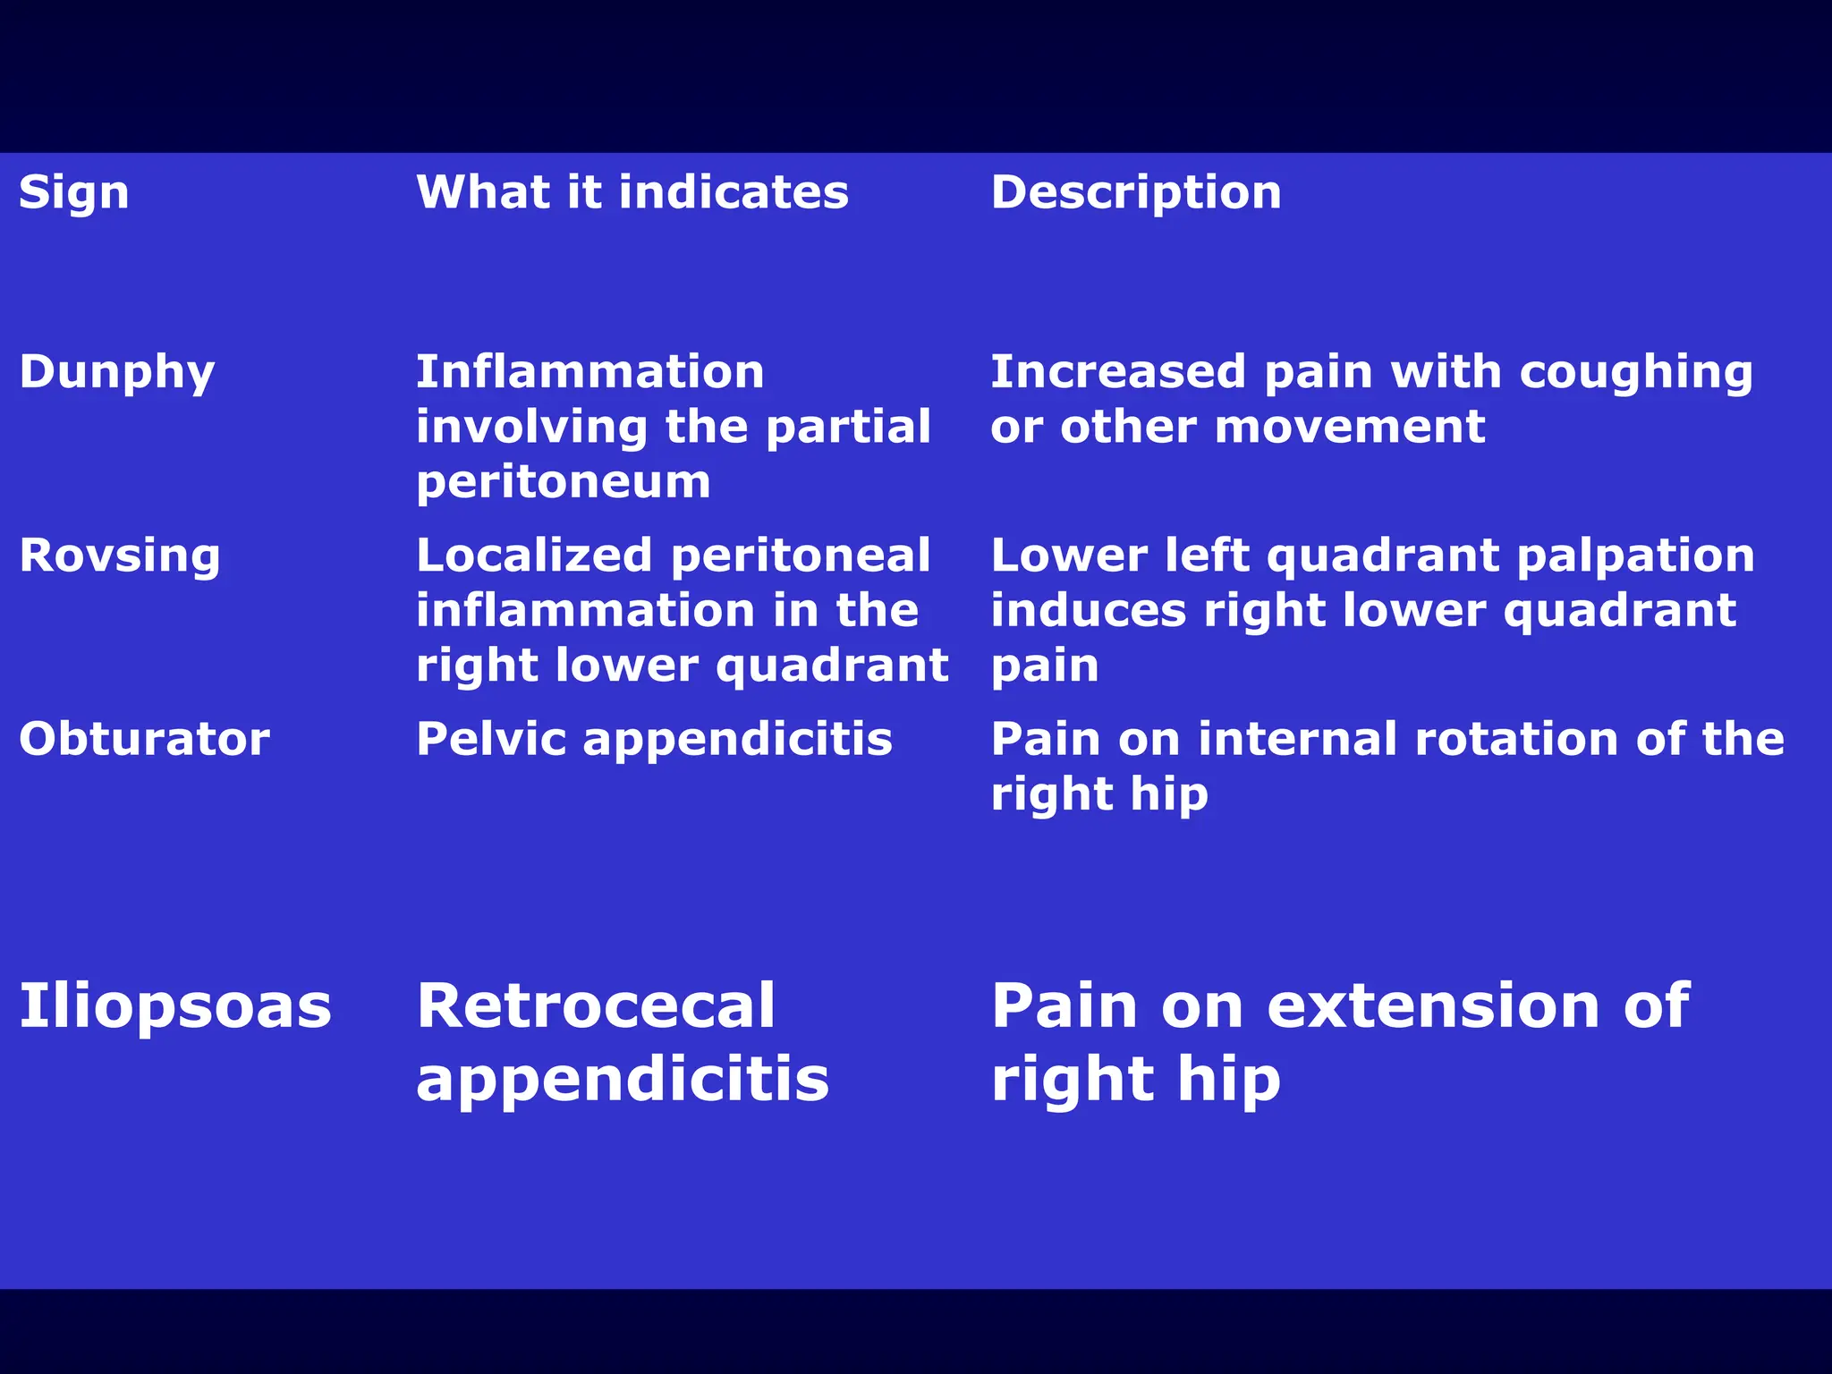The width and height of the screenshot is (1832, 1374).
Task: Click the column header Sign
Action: click(x=74, y=193)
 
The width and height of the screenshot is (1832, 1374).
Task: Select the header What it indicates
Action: click(x=632, y=193)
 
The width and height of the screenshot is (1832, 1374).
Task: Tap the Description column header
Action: click(x=1136, y=193)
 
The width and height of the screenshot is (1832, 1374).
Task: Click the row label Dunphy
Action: click(x=117, y=373)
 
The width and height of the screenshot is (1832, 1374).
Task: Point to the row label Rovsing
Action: click(x=120, y=556)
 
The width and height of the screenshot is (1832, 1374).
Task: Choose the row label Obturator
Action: click(x=144, y=740)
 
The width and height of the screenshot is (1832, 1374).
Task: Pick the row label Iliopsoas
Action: click(x=175, y=1006)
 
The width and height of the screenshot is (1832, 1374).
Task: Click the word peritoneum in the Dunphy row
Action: click(x=564, y=483)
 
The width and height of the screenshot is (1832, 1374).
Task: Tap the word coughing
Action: click(x=1636, y=373)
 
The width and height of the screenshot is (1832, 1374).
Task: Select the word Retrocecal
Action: click(x=596, y=1006)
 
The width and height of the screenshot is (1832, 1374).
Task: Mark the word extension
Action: click(x=1434, y=1006)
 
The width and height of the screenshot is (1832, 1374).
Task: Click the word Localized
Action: click(x=534, y=556)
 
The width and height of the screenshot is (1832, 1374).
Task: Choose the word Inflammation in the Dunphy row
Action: click(x=590, y=373)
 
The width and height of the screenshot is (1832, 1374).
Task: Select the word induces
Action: click(x=1089, y=611)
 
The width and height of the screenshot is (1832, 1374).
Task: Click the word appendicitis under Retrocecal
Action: click(x=623, y=1080)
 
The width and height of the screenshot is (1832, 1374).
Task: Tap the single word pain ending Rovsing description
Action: click(x=1045, y=666)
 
